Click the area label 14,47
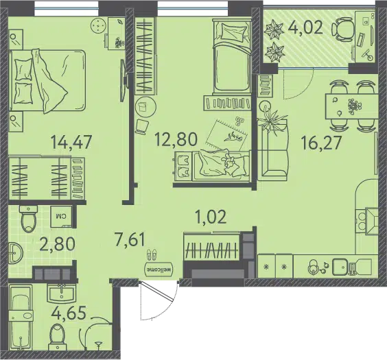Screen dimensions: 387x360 71,142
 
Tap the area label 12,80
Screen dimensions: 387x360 176,139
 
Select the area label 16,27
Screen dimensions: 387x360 321,143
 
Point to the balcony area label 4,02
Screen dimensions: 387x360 305,27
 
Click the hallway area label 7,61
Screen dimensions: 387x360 130,239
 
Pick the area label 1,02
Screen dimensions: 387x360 211,217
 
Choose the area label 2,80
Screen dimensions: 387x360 57,243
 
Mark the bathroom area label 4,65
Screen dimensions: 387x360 69,313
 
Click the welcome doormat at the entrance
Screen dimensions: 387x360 159,269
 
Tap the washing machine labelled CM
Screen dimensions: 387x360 62,216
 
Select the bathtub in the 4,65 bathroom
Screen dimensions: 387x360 21,318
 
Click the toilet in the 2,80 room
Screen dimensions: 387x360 29,219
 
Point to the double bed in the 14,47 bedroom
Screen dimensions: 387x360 47,80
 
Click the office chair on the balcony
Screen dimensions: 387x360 342,29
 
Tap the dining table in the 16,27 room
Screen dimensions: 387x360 352,106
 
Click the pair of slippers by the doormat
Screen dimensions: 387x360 152,254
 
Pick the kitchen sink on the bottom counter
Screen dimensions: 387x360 341,267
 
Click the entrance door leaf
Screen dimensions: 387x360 157,291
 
